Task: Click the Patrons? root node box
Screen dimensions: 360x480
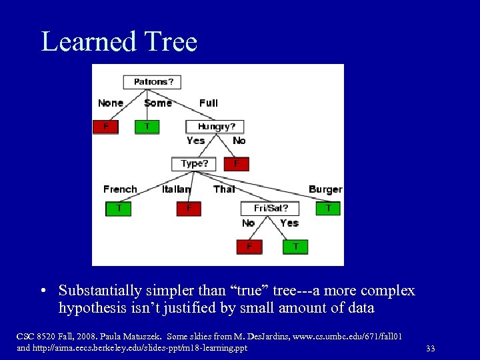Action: click(x=153, y=82)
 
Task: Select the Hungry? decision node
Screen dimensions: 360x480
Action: click(x=215, y=126)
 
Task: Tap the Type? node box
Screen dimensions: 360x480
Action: click(x=194, y=163)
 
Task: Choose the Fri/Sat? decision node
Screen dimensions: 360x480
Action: click(x=270, y=209)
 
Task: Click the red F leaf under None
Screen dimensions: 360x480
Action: click(x=105, y=127)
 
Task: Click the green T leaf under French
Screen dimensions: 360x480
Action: click(x=119, y=209)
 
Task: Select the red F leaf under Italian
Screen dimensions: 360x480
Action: click(x=189, y=209)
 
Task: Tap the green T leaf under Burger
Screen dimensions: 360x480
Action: click(x=328, y=209)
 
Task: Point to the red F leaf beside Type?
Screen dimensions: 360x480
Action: click(x=236, y=163)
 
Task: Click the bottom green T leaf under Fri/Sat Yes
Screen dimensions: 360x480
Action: click(x=295, y=247)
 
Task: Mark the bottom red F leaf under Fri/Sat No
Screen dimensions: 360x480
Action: click(x=249, y=247)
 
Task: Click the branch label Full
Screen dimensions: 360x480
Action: click(x=208, y=103)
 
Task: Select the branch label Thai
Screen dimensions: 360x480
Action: click(x=224, y=189)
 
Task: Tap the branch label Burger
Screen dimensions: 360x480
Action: click(x=325, y=189)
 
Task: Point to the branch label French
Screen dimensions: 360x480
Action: click(x=120, y=189)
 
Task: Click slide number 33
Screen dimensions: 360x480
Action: click(x=430, y=348)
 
